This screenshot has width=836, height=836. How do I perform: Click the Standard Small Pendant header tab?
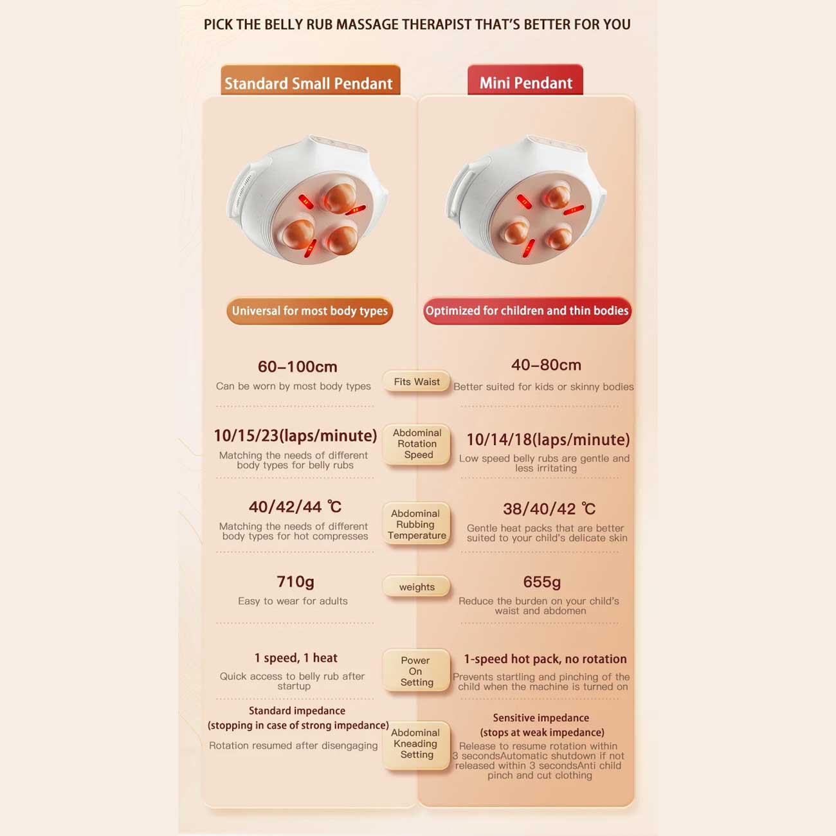click(x=310, y=80)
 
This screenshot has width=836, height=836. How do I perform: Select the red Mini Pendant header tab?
click(x=525, y=80)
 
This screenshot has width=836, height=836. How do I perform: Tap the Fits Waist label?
click(x=417, y=382)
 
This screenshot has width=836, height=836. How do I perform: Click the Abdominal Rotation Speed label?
click(x=417, y=444)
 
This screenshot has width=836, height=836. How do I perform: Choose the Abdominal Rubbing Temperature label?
click(x=417, y=524)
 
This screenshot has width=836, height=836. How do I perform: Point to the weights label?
click(x=417, y=587)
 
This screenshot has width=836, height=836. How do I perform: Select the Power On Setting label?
click(x=417, y=671)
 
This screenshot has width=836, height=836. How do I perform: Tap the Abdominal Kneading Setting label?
click(x=417, y=743)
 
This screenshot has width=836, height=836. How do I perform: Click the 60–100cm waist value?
click(x=298, y=367)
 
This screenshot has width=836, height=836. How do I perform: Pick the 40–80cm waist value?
click(x=546, y=365)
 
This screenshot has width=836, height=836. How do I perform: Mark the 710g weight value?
click(x=295, y=582)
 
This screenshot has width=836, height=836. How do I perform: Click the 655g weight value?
click(x=542, y=582)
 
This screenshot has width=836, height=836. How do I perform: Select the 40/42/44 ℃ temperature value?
click(x=295, y=507)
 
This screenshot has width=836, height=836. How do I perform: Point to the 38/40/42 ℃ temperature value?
click(x=549, y=509)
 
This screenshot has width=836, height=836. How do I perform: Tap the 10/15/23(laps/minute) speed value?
click(x=295, y=436)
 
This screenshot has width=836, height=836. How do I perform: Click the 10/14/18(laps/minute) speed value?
click(x=548, y=440)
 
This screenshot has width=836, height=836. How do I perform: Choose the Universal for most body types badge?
click(x=309, y=311)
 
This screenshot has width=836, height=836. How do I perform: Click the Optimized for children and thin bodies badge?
click(x=527, y=311)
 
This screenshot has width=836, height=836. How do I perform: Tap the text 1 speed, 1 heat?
click(x=296, y=658)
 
